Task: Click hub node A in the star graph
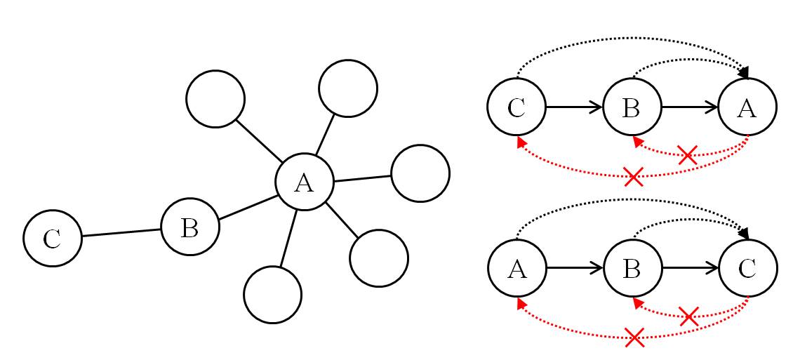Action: point(304,182)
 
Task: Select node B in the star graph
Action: point(189,227)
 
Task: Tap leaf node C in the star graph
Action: point(53,238)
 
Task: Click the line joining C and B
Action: point(121,232)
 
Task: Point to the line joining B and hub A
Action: point(247,208)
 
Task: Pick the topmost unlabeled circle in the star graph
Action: point(347,88)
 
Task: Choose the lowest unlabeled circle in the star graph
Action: point(273,294)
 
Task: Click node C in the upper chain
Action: point(517,107)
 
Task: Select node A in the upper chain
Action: point(747,107)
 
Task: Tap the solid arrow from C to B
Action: point(574,107)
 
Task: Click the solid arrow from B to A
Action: point(690,107)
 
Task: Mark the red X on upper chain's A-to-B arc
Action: point(688,155)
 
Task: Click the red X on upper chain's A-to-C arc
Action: point(634,176)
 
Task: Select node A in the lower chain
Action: point(517,268)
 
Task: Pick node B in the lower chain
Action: point(632,268)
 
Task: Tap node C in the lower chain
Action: point(747,268)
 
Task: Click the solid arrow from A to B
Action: point(574,268)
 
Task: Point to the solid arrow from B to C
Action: point(690,268)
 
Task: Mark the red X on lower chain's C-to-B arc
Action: point(688,316)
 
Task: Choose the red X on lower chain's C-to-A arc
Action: point(634,338)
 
